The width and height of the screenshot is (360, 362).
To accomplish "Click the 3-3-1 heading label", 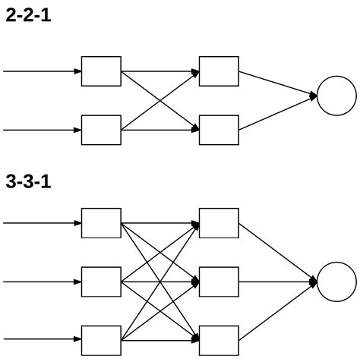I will pos(28,183).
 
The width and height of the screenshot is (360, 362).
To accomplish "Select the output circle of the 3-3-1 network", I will pos(336,282).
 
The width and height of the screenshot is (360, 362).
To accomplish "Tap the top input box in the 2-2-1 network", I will pos(101,71).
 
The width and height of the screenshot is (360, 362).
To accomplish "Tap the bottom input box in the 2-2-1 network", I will pos(101,130).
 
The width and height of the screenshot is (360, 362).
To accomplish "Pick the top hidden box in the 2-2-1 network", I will pos(219,71).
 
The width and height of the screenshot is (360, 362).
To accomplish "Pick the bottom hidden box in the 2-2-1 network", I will pos(219,130).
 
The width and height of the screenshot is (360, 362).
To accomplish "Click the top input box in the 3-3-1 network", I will pos(101,223).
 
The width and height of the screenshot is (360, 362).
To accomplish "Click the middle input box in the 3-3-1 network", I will pos(101,282).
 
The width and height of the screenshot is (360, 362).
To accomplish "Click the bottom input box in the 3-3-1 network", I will pos(101,340).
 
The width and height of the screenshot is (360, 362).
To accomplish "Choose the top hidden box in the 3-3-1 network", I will pos(219,223).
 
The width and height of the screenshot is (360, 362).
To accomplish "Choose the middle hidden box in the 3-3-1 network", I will pos(219,282).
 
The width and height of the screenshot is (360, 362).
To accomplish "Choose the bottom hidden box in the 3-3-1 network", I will pos(219,340).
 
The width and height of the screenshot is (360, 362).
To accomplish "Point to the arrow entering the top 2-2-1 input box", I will pos(42,71).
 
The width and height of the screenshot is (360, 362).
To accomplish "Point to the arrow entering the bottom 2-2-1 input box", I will pos(42,130).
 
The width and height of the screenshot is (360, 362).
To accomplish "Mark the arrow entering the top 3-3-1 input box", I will pos(42,223).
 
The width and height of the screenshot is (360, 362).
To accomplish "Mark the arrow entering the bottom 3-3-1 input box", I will pos(42,340).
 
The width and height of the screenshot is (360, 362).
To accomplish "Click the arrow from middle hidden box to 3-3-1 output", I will pos(277,282).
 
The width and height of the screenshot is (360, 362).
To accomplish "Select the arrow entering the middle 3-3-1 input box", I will pos(42,282).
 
